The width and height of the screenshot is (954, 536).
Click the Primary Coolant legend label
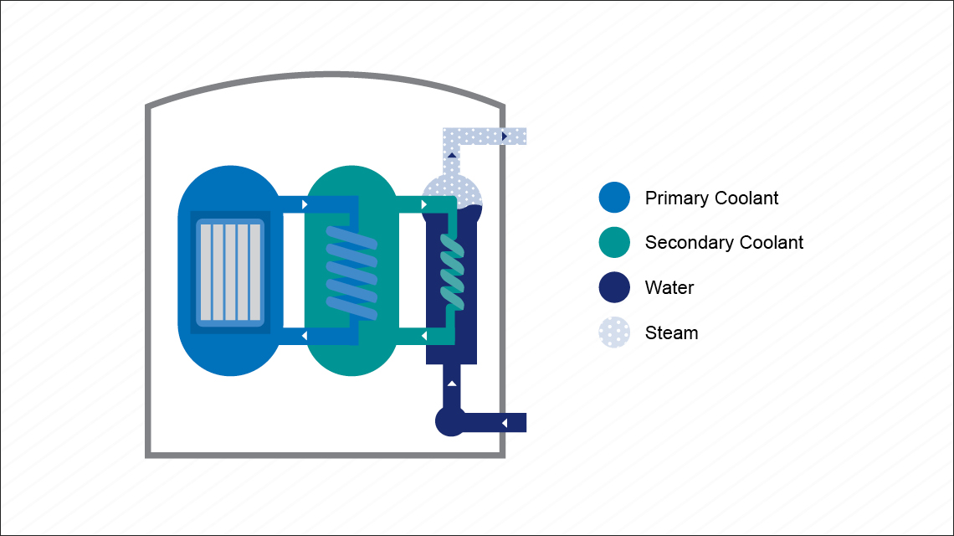[711, 198]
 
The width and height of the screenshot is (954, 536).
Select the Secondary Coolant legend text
[724, 243]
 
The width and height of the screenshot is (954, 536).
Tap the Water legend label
[669, 288]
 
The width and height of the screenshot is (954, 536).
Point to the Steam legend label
[671, 333]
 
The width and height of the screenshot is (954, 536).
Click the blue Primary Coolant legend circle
[614, 198]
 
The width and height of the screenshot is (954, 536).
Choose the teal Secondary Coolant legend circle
[614, 243]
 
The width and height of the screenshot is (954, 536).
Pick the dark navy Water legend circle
[614, 288]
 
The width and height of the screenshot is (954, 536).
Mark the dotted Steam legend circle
[614, 333]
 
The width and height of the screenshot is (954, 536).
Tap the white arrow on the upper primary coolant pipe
[305, 204]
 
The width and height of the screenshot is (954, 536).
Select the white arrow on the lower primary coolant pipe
[304, 336]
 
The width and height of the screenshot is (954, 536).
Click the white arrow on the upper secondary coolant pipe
[424, 204]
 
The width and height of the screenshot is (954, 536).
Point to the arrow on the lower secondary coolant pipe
[423, 336]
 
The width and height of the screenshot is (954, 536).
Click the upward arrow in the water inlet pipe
[452, 384]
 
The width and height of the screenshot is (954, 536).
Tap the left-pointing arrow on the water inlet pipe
[504, 423]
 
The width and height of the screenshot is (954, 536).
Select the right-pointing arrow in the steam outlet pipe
[505, 136]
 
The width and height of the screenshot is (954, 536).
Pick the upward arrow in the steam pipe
[452, 155]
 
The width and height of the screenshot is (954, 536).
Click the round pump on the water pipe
[450, 422]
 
